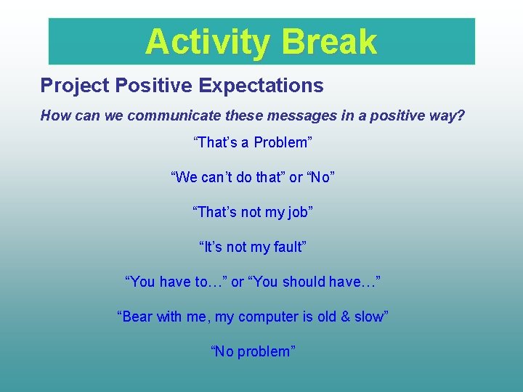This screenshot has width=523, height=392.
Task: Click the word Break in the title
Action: click(330, 41)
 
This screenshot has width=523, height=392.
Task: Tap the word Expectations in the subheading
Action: click(261, 86)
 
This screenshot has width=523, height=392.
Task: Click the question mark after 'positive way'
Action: click(460, 115)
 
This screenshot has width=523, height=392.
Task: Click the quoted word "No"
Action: click(320, 177)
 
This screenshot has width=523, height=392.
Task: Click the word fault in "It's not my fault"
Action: click(287, 247)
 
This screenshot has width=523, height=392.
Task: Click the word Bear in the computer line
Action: click(139, 317)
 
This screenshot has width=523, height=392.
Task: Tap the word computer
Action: click(268, 317)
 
